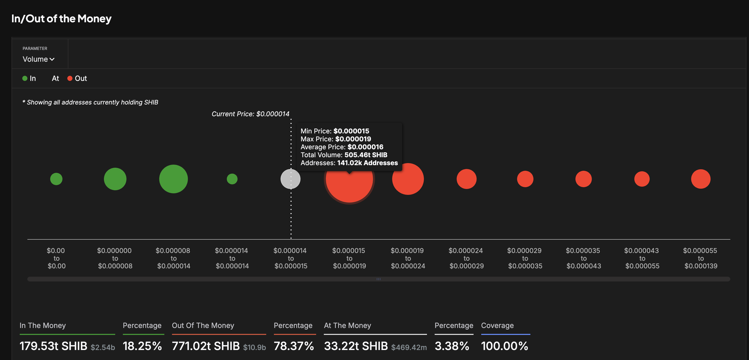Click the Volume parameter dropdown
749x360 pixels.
pyautogui.click(x=38, y=59)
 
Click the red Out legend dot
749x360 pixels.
pyautogui.click(x=70, y=78)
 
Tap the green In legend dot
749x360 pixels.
pyautogui.click(x=25, y=78)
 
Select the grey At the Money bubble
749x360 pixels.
pyautogui.click(x=290, y=179)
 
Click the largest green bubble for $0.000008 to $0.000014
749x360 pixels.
pyautogui.click(x=173, y=179)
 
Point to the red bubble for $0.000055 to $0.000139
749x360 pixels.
pyautogui.click(x=700, y=179)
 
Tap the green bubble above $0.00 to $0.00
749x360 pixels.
pyautogui.click(x=56, y=179)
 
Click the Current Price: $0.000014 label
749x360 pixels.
pyautogui.click(x=250, y=114)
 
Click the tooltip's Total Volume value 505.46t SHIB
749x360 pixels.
pyautogui.click(x=366, y=155)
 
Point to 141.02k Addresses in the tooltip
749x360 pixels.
pyautogui.click(x=367, y=163)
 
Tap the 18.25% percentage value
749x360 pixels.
pyautogui.click(x=142, y=346)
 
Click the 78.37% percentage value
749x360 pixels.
pyautogui.click(x=294, y=346)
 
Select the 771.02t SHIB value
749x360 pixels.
pyautogui.click(x=206, y=346)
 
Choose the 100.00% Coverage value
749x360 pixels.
pyautogui.click(x=504, y=346)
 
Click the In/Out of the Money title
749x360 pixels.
pyautogui.click(x=61, y=19)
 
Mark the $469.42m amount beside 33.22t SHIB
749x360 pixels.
pyautogui.click(x=409, y=347)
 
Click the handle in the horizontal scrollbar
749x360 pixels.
pyautogui.click(x=378, y=279)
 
